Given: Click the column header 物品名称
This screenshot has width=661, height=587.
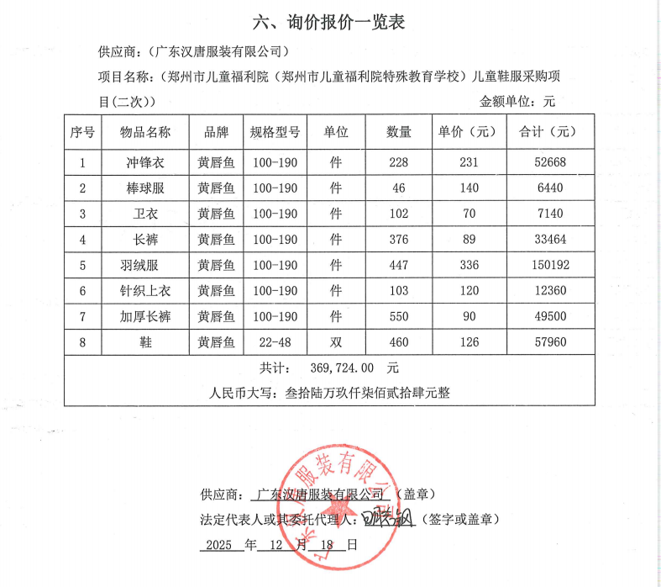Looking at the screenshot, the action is click(x=144, y=133).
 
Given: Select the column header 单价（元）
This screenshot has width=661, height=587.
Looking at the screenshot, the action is click(x=467, y=133).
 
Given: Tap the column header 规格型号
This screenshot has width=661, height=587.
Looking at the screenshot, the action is click(x=275, y=133).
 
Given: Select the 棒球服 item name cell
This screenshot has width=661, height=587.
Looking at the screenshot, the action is click(x=144, y=188).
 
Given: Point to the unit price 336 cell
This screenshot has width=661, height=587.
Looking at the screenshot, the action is click(x=469, y=266).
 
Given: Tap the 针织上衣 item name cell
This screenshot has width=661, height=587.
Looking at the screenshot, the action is click(x=144, y=291).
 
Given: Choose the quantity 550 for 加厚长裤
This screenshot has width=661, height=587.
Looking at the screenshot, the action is click(x=398, y=317).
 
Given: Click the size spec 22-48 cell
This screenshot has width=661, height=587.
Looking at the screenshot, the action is click(x=275, y=342).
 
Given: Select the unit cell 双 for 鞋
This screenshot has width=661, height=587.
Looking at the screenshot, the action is click(x=336, y=342).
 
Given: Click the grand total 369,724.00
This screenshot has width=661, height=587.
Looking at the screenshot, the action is click(x=341, y=368).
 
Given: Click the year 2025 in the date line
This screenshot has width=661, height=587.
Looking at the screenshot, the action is click(x=220, y=544).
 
